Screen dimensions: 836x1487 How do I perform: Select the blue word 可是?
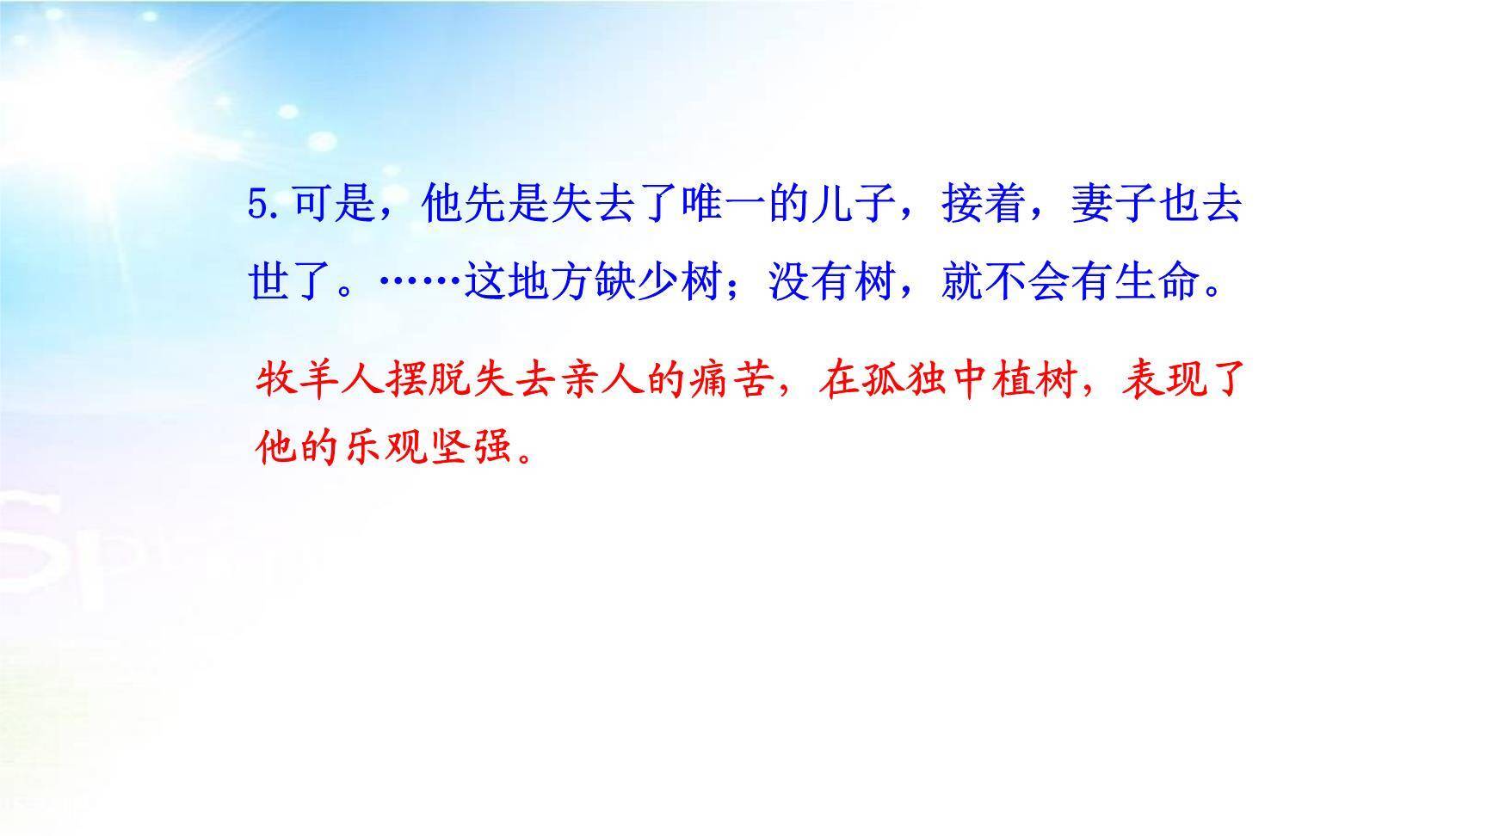(x=335, y=205)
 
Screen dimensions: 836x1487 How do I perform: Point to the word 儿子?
(x=855, y=205)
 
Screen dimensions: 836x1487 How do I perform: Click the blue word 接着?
(x=984, y=205)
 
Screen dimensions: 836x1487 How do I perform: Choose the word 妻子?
(x=1114, y=205)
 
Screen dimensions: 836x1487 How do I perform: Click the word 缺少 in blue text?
(x=638, y=280)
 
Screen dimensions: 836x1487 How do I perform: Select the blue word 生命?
(x=1157, y=280)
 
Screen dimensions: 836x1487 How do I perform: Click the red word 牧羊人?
(x=319, y=379)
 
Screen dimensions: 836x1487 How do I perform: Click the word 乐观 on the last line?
(x=384, y=446)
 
